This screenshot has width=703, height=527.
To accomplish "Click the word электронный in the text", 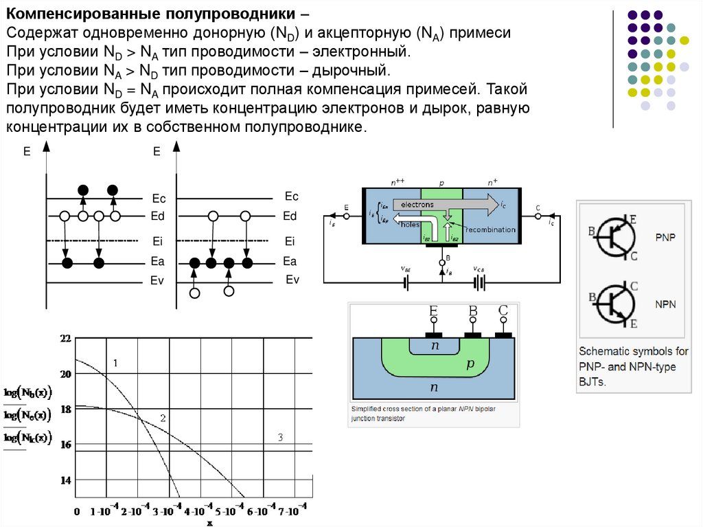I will (361, 52).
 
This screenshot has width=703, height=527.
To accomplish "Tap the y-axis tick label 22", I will (66, 339).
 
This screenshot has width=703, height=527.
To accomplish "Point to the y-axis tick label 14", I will (66, 480).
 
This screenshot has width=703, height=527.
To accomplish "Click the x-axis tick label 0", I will (76, 512).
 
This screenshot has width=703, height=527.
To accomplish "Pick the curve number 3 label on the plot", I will (280, 437).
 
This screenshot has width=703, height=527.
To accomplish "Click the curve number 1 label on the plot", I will (115, 362).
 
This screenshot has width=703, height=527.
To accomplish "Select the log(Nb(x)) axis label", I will (27, 392).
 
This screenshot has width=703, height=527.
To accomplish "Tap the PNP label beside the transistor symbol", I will (665, 238).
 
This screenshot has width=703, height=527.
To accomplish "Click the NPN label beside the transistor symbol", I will (665, 303).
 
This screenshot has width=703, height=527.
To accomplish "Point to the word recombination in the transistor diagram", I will (489, 229).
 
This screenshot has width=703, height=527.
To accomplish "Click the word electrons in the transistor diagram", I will (417, 205).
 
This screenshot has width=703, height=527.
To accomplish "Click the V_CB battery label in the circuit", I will (479, 269).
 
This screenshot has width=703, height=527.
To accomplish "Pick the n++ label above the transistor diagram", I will (397, 183).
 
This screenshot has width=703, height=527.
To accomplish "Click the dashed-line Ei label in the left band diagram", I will (157, 241).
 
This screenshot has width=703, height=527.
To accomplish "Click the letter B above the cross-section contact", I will (473, 311).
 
